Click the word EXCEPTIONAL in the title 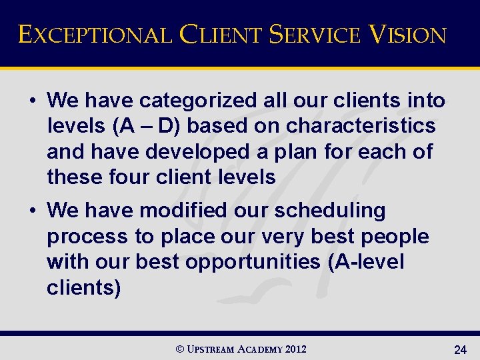point(94,34)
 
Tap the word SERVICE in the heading point(313,34)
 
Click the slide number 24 point(459,349)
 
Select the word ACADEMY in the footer point(259,349)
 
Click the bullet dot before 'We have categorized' point(32,101)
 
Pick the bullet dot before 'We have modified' point(32,211)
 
